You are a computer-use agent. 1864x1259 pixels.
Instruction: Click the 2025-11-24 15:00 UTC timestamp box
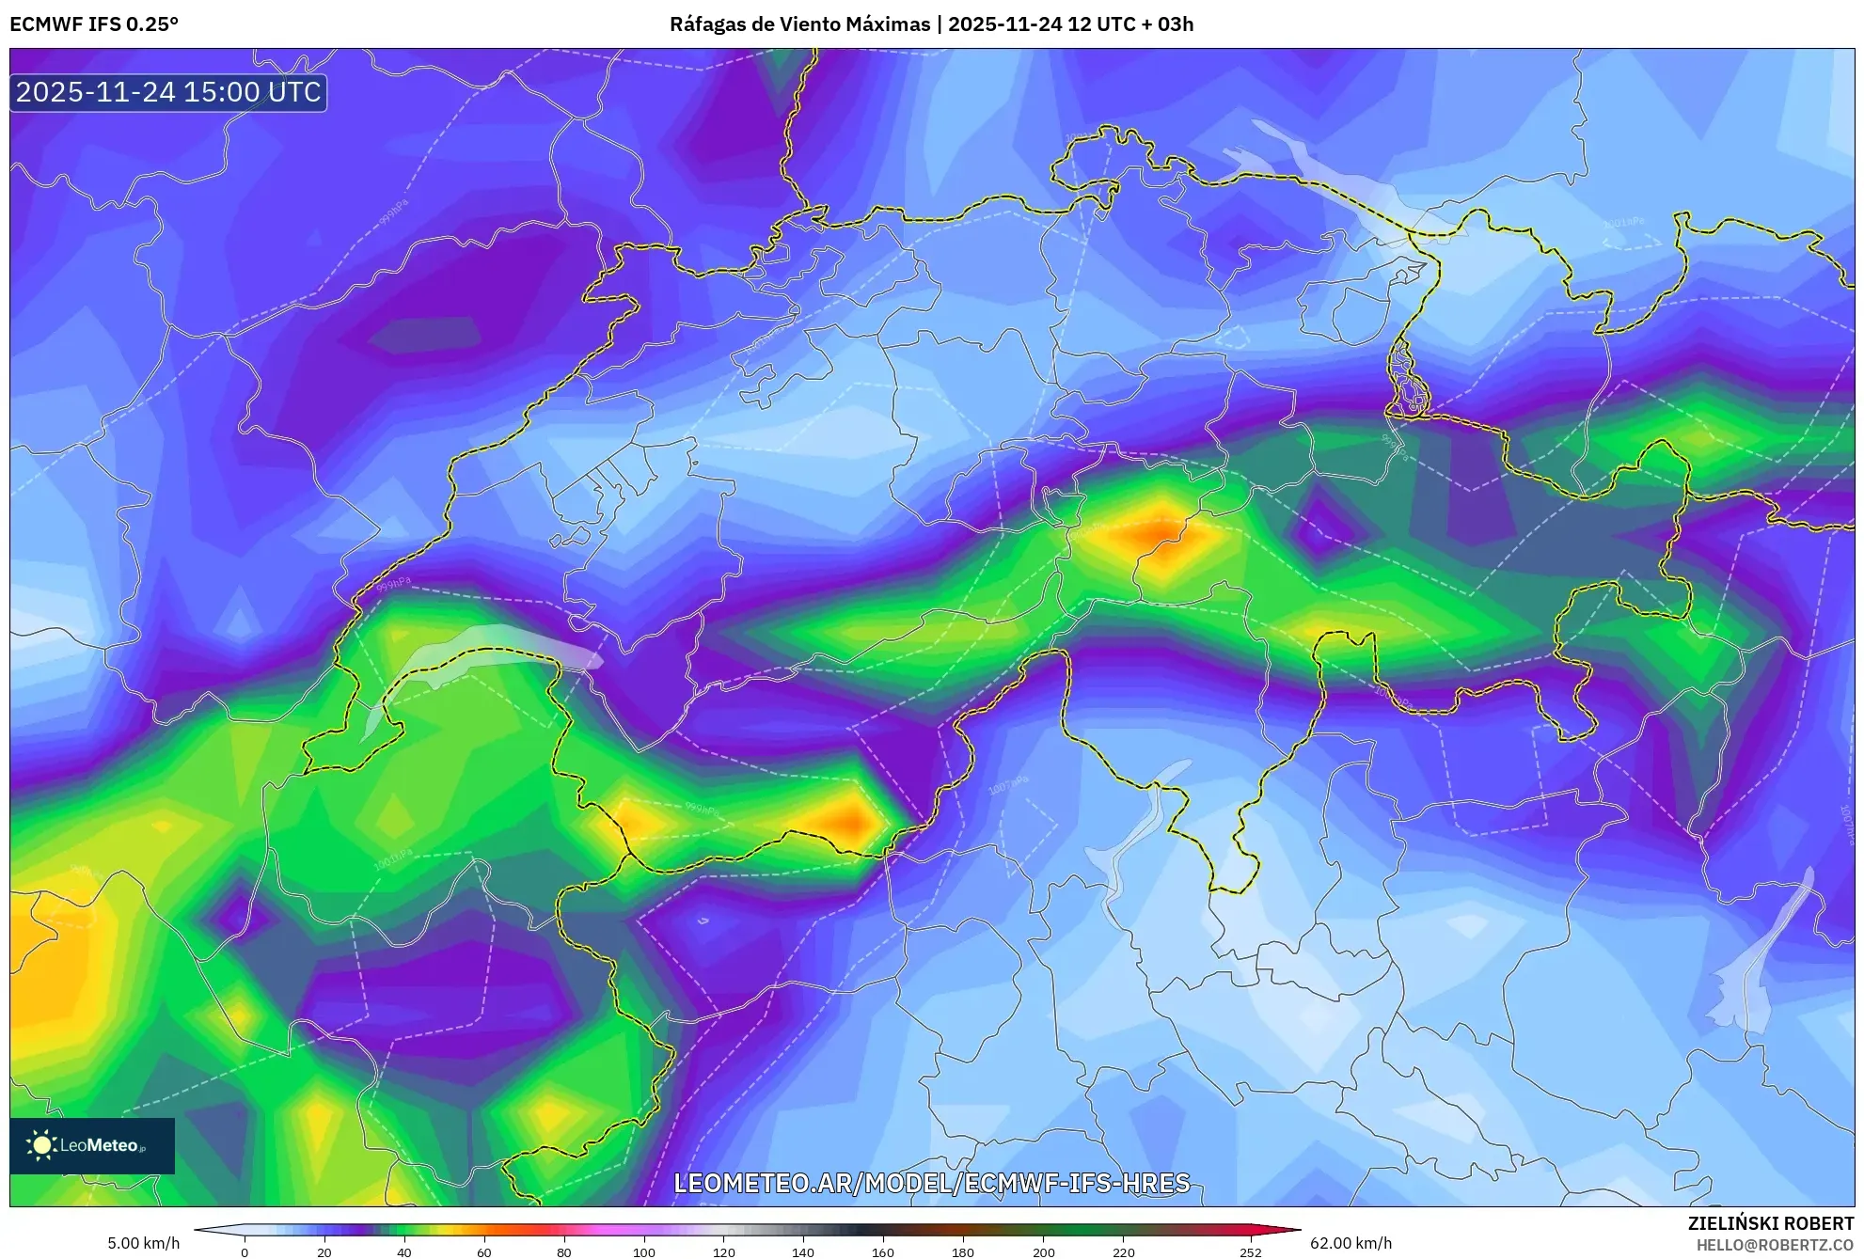(x=168, y=92)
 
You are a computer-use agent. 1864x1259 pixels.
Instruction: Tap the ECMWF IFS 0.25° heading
(x=94, y=24)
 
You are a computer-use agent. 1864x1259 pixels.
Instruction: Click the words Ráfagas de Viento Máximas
(x=799, y=24)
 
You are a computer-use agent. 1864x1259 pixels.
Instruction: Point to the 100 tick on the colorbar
(x=643, y=1251)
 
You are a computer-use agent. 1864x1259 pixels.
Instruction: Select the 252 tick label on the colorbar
(x=1250, y=1251)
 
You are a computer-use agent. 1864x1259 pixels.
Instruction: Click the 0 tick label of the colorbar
(x=245, y=1251)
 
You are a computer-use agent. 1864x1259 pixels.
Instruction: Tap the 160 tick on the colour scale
(x=882, y=1251)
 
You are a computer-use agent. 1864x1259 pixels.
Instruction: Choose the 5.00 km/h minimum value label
(x=143, y=1243)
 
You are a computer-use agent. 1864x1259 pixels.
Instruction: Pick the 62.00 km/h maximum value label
(x=1351, y=1243)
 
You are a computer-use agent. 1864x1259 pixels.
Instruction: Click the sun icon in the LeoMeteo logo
(x=42, y=1145)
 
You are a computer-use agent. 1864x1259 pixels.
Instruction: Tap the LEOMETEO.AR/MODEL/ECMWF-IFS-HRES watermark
(x=931, y=1183)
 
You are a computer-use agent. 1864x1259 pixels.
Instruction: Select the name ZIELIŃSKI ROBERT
(x=1770, y=1223)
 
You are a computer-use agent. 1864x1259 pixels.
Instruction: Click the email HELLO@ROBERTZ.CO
(x=1774, y=1245)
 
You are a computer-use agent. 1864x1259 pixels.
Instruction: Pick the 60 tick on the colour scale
(x=483, y=1251)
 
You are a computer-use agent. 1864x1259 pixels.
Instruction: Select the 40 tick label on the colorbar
(x=403, y=1251)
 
